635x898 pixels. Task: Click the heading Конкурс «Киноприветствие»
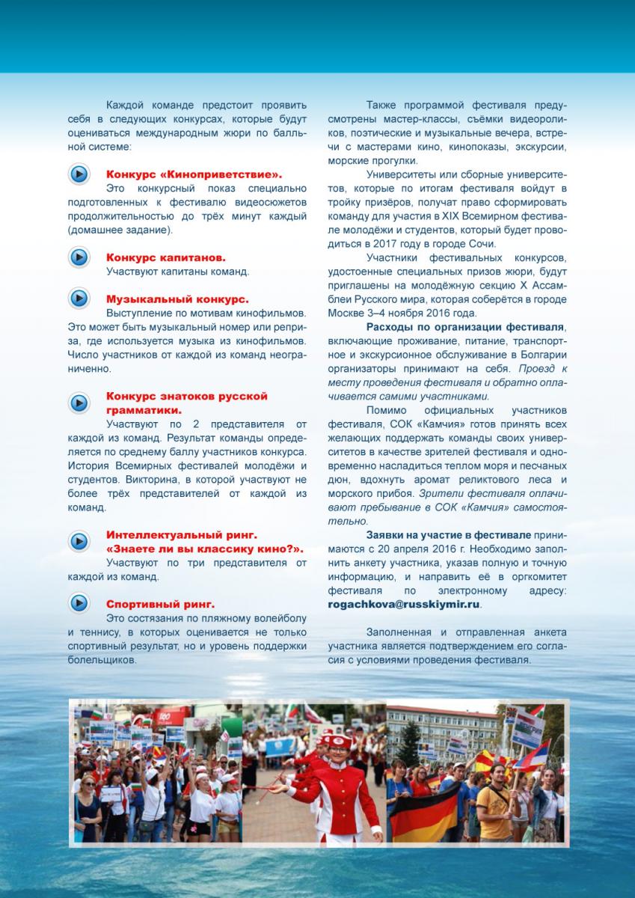(x=194, y=174)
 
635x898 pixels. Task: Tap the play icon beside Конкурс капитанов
(x=79, y=257)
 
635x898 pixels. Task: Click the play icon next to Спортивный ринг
(x=79, y=602)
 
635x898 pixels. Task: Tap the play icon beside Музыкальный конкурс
(x=79, y=299)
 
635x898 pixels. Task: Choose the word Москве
(x=349, y=313)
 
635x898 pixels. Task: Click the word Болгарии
(x=542, y=355)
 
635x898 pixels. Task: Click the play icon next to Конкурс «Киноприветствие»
(x=79, y=174)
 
